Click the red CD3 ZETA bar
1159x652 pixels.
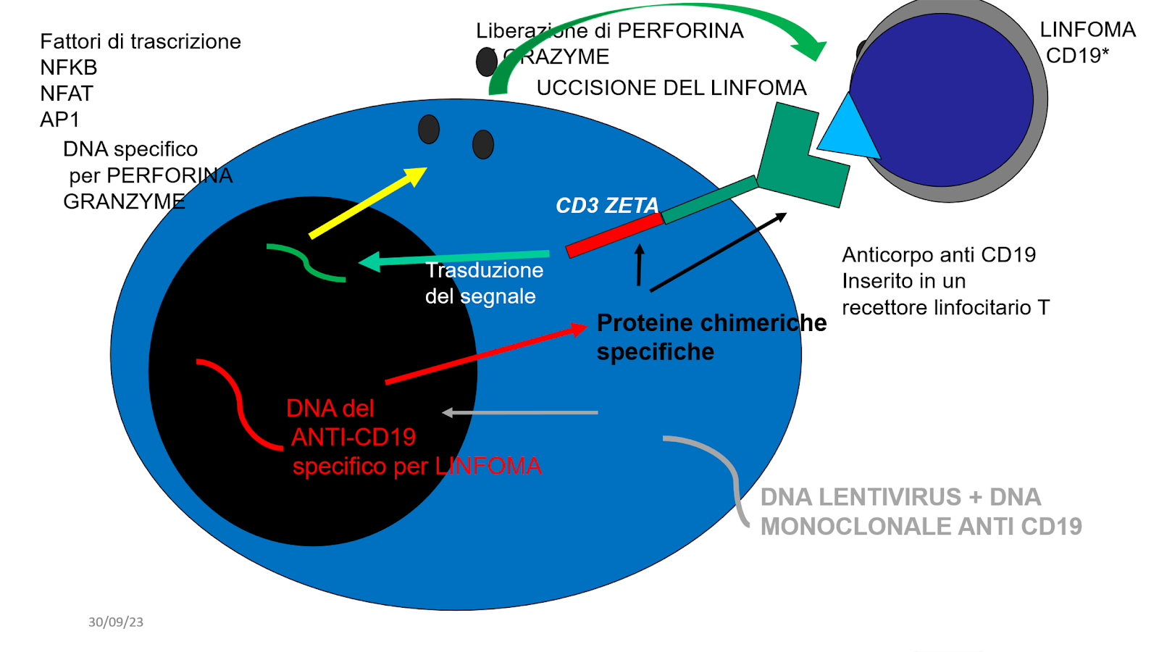614,235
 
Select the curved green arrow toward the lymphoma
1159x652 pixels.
652,22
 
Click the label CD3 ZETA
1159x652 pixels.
607,206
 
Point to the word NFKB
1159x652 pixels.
69,67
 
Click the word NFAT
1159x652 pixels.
67,93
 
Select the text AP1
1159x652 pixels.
59,120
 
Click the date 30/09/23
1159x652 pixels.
116,622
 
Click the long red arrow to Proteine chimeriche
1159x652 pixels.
485,354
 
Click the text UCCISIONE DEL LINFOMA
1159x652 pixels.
671,88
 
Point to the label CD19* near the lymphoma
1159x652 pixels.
1077,55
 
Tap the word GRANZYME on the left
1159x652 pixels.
124,201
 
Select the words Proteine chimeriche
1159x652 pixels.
711,322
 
